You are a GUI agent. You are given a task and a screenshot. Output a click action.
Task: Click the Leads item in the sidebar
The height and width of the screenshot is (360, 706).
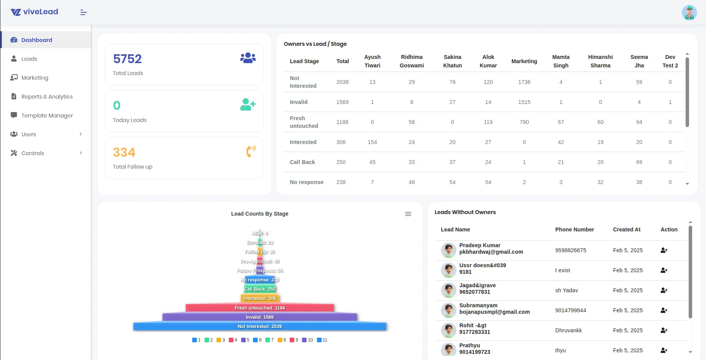point(29,59)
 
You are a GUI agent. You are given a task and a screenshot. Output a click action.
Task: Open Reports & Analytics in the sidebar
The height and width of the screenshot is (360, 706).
point(47,97)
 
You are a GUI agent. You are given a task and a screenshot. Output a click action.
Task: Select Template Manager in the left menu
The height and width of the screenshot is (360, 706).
point(47,116)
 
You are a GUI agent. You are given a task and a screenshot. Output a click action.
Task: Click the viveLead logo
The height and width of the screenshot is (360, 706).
point(34,12)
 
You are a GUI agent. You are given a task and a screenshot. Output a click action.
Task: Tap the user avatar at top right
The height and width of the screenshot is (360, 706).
point(689,13)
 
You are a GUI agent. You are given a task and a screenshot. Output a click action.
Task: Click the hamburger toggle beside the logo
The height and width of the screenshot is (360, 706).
point(84,13)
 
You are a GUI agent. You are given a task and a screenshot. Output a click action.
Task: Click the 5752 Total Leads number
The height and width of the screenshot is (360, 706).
point(127,59)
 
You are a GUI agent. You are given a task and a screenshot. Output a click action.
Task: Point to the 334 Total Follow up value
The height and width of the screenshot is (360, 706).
point(124,152)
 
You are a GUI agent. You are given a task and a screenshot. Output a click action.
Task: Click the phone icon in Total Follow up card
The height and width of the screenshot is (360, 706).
point(250,151)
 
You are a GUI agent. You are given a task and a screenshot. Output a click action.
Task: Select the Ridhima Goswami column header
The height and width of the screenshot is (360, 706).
point(411,61)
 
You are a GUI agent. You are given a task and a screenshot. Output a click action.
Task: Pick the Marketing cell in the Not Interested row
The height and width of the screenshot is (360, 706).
point(524,82)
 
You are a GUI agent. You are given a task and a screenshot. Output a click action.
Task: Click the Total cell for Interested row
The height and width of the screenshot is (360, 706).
point(341,142)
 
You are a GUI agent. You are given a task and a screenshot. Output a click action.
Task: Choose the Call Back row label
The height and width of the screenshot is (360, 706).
point(302,162)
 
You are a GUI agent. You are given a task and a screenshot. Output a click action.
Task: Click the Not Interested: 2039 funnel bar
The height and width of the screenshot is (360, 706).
point(260,327)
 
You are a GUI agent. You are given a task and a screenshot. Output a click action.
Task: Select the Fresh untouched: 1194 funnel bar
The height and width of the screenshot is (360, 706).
point(260,308)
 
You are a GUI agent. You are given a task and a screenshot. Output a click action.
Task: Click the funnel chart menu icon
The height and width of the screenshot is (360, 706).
point(408,214)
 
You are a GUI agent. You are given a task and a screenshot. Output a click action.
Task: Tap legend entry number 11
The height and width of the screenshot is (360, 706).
point(322,340)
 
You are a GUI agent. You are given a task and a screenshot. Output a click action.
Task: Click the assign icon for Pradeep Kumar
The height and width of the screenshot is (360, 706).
point(664,250)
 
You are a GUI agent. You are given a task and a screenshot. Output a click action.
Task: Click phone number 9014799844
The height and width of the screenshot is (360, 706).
point(570,310)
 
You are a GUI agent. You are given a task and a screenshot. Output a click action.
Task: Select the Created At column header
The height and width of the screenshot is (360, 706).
point(626,229)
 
